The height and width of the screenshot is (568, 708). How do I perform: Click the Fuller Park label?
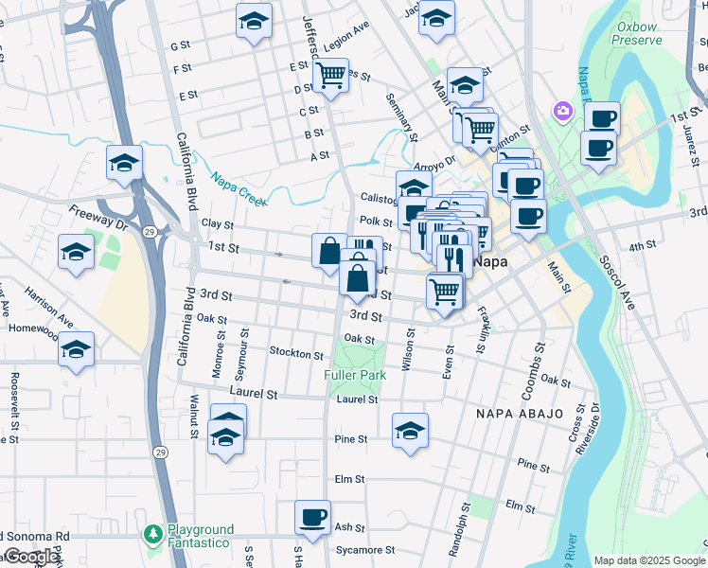pos(355,375)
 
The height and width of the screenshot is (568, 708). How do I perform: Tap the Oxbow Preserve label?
pos(635,34)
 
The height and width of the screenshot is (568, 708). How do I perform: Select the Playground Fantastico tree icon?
pos(153,535)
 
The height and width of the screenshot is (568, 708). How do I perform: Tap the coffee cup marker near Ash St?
pos(312,518)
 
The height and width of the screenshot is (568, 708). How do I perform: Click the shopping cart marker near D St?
pos(330,74)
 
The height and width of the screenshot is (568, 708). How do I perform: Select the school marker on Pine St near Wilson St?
pos(410,431)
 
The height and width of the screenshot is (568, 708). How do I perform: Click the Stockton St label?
pos(296,354)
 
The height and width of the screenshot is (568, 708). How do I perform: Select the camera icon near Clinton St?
pos(563,113)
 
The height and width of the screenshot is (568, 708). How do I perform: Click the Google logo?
pos(31,557)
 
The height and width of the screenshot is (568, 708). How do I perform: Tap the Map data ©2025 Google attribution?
pos(648,560)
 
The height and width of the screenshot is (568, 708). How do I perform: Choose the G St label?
pos(180,45)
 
